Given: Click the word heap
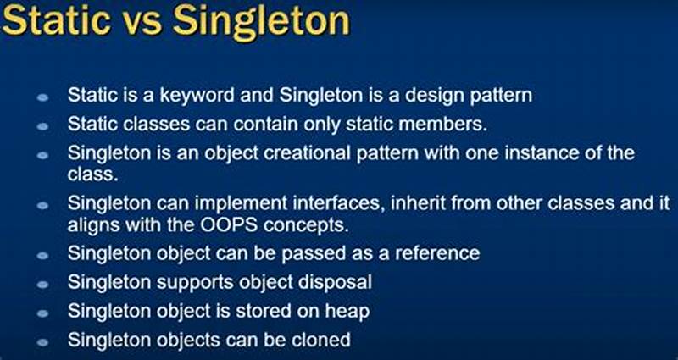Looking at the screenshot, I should pos(348,311).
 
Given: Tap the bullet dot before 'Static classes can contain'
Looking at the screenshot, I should pos(43,125).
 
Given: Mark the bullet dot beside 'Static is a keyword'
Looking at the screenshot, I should pos(43,96).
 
